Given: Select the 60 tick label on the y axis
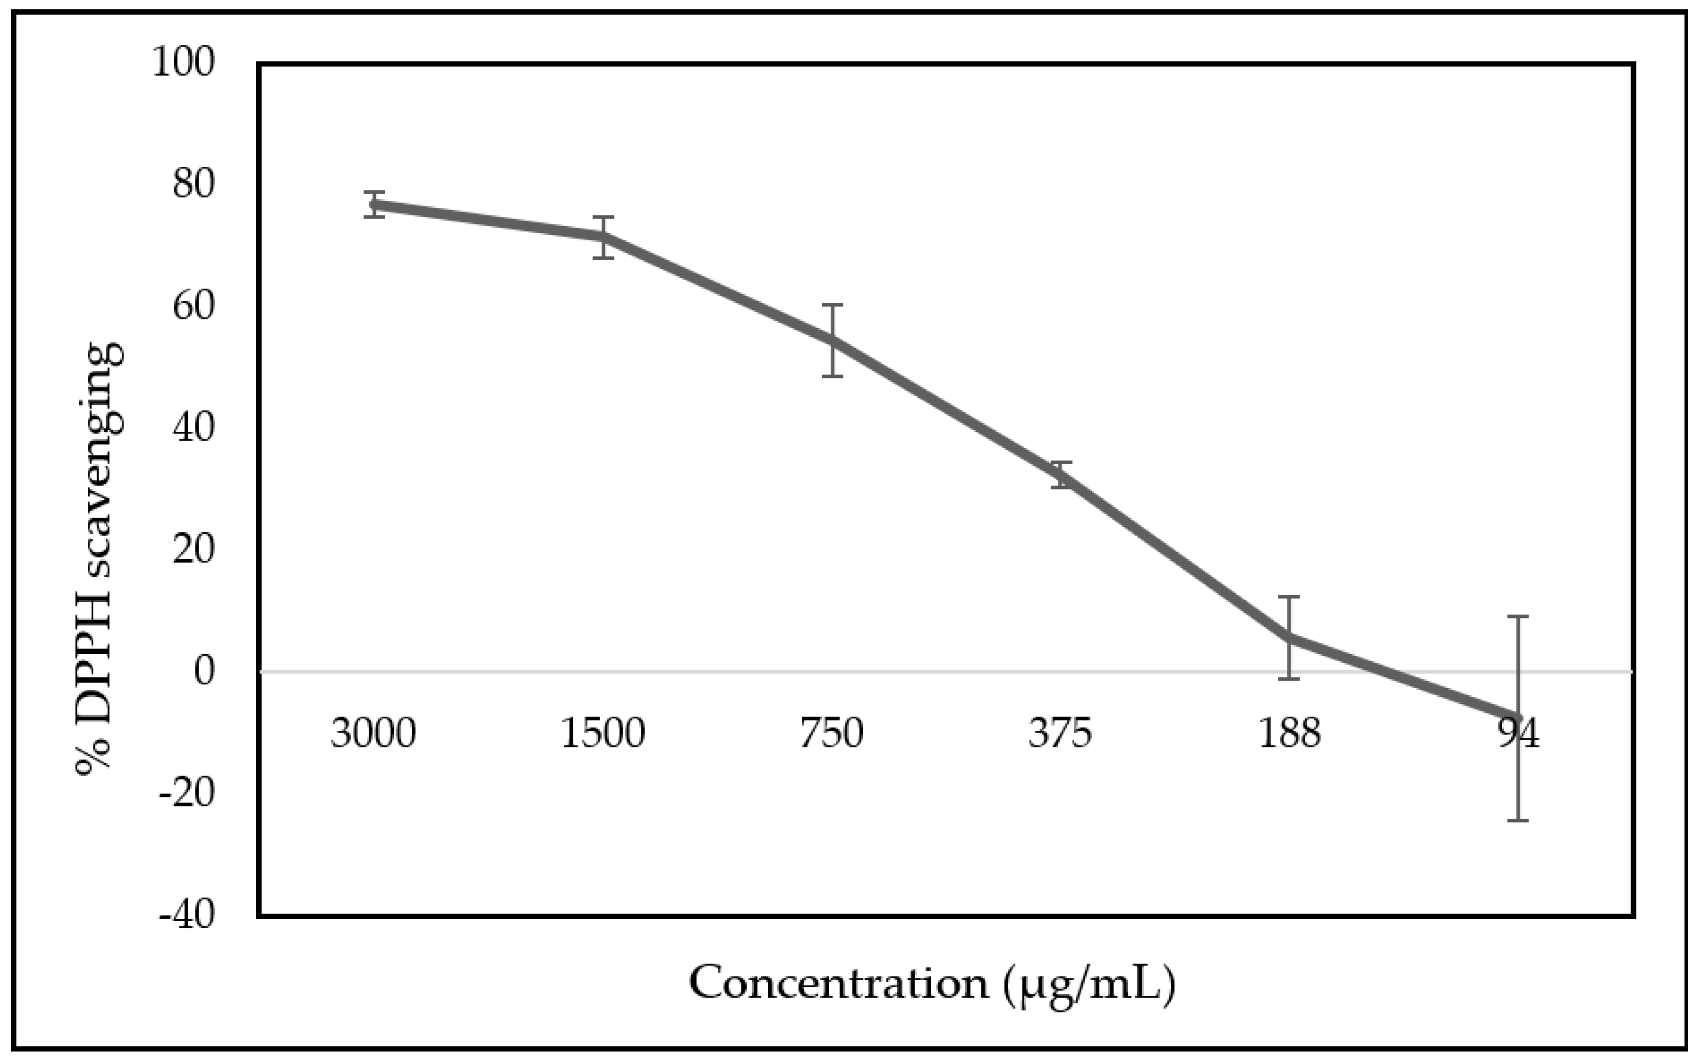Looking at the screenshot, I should coord(193,306).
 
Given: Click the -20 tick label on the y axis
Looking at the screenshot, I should coord(187,794).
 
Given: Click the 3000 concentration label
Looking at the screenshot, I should coord(374,733).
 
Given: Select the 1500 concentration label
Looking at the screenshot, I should coord(603,733).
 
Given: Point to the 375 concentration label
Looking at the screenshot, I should coord(1060,733).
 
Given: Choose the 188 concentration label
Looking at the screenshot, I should coord(1289,733).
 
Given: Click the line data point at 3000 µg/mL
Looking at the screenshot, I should coord(374,205).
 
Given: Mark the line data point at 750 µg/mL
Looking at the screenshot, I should coord(832,341).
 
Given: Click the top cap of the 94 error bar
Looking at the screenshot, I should coord(1518,616).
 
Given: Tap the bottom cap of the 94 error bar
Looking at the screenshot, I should coord(1518,820).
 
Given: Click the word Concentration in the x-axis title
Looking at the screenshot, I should coord(838,983).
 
